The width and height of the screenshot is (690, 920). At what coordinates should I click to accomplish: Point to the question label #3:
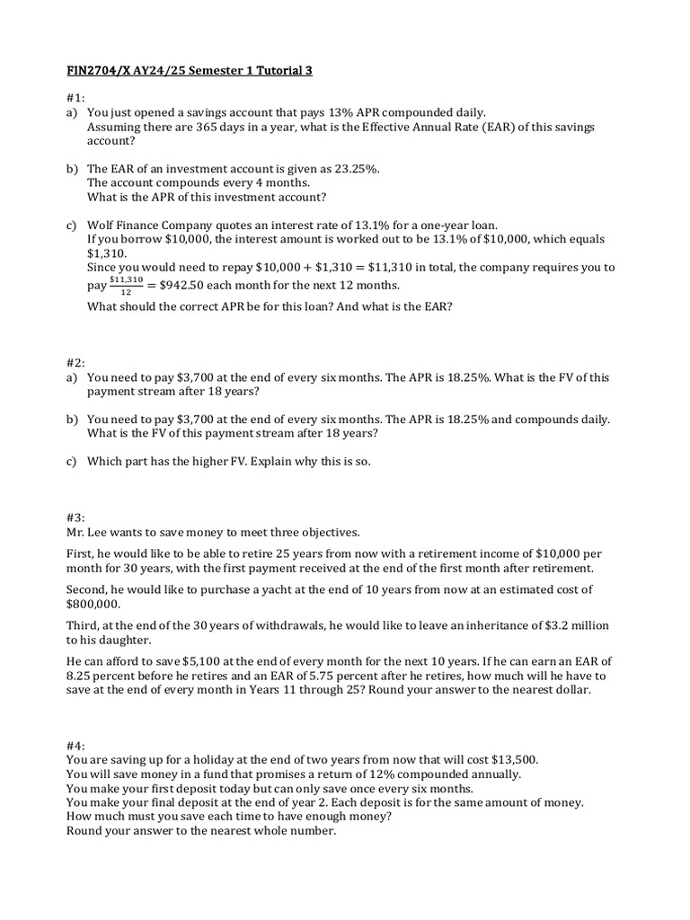tap(75, 517)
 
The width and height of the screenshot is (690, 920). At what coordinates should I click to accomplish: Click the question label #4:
tap(75, 745)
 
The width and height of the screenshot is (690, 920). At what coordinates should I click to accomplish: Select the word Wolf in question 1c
tap(102, 225)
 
